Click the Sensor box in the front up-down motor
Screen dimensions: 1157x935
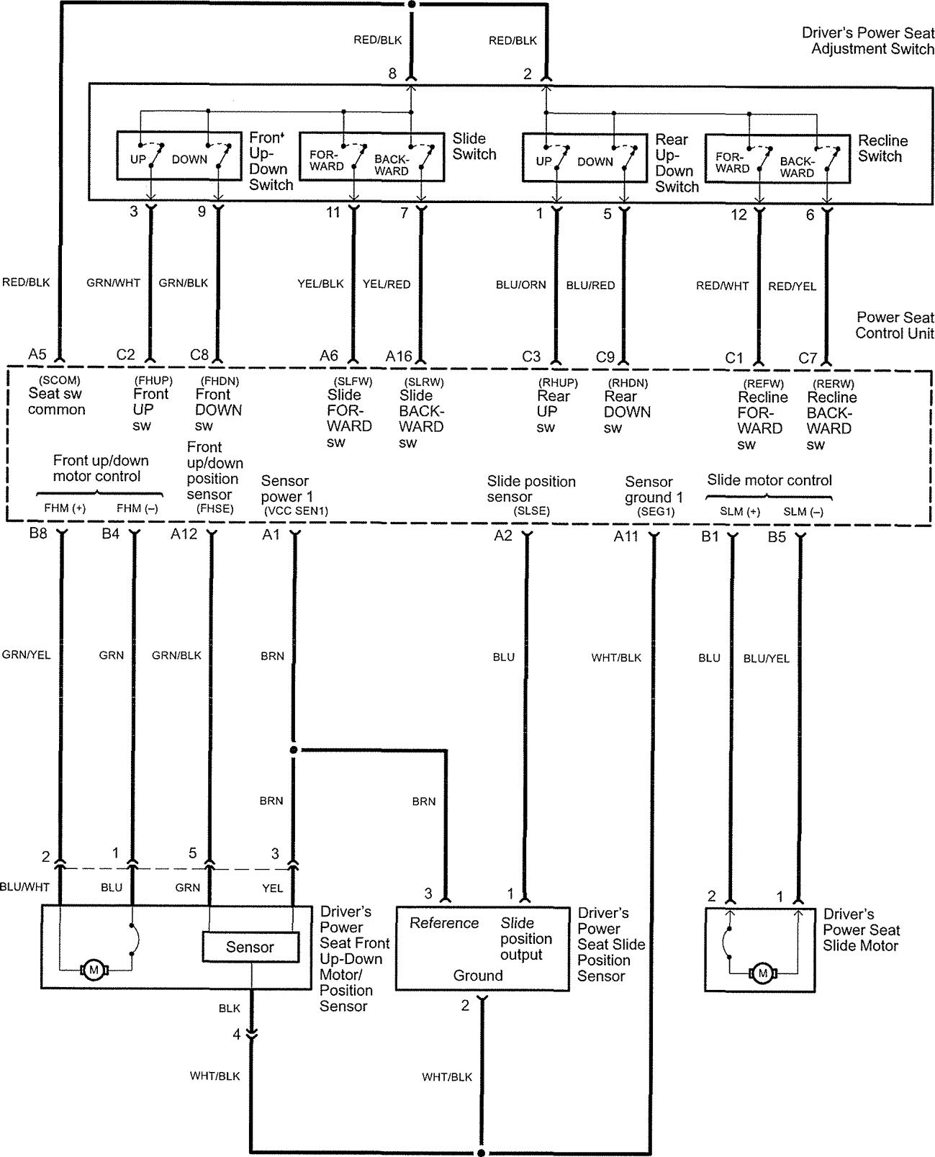click(x=250, y=947)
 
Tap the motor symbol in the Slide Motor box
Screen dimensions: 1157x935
click(x=763, y=974)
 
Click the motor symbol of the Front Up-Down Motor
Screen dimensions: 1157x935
click(x=93, y=970)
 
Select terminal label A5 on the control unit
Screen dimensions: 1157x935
click(x=37, y=354)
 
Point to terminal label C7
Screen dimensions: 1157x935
click(x=808, y=358)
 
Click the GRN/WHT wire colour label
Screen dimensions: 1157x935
click(x=113, y=283)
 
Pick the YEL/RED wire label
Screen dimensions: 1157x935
click(x=387, y=284)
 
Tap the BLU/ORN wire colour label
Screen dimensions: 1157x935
click(x=521, y=285)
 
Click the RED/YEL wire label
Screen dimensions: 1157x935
click(x=792, y=287)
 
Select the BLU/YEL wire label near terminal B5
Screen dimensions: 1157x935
click(x=766, y=658)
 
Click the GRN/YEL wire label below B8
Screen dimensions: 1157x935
click(x=26, y=655)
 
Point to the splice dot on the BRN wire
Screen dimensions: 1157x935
click(x=294, y=750)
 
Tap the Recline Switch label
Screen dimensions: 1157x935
click(x=883, y=148)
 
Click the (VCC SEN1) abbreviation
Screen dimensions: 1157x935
click(x=296, y=510)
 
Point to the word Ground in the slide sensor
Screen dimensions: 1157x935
click(x=478, y=976)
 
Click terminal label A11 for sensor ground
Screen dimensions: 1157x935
click(x=626, y=536)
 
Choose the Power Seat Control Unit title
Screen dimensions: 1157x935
click(x=895, y=325)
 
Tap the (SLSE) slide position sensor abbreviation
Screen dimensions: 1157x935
click(x=531, y=510)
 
